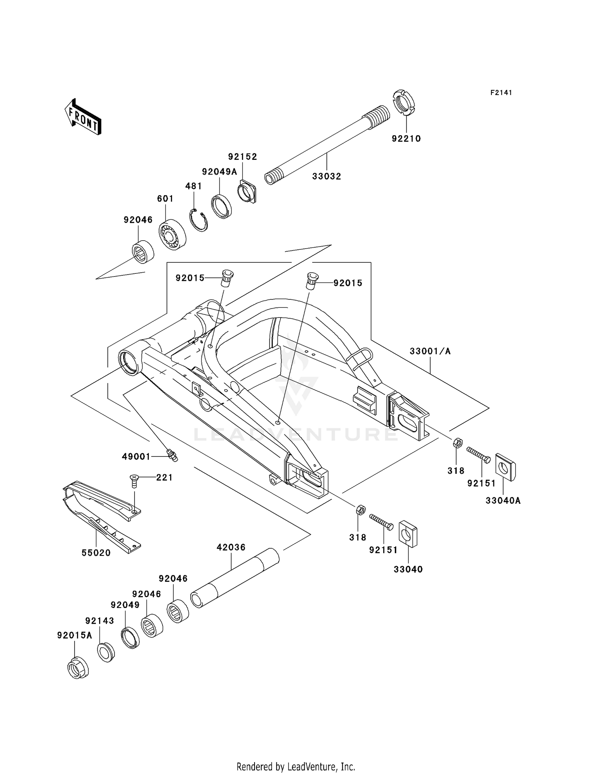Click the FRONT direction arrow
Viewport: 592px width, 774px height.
pyautogui.click(x=83, y=117)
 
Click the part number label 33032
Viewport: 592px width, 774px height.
pyautogui.click(x=326, y=176)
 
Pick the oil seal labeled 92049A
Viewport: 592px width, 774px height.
pyautogui.click(x=223, y=206)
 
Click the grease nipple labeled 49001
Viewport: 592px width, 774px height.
pyautogui.click(x=172, y=454)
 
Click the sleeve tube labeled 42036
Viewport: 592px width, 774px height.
pyautogui.click(x=235, y=578)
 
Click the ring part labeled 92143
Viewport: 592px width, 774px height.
pyautogui.click(x=106, y=652)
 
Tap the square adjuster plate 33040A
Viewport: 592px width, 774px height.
pyautogui.click(x=506, y=467)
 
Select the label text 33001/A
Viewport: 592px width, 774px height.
pyautogui.click(x=430, y=351)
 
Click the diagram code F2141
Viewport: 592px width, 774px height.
pyautogui.click(x=501, y=93)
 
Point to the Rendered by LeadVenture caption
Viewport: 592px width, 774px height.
pyautogui.click(x=296, y=767)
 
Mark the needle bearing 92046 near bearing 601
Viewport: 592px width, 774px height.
pyautogui.click(x=142, y=251)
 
